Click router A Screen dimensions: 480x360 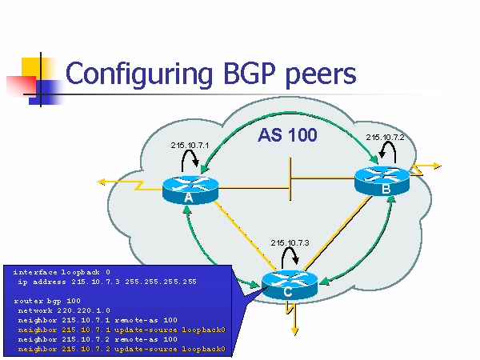click(190, 190)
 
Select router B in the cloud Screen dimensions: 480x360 click(382, 181)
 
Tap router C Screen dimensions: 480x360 click(290, 285)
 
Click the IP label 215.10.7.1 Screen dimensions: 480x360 click(190, 145)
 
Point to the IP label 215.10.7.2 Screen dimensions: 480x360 click(385, 138)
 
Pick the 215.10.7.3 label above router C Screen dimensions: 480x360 click(290, 242)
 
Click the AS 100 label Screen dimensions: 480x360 click(287, 135)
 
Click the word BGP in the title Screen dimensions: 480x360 click(250, 74)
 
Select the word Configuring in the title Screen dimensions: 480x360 click(139, 75)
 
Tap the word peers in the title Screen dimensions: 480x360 click(321, 76)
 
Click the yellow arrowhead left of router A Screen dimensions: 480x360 click(102, 182)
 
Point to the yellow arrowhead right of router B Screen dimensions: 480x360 click(437, 166)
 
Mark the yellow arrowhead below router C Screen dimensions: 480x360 click(294, 331)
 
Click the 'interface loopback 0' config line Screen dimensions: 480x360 click(62, 272)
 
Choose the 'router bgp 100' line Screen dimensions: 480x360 click(47, 301)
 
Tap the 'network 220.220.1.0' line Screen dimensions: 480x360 click(64, 310)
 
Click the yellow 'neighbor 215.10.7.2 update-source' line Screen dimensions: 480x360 click(122, 349)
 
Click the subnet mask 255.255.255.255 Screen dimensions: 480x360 click(161, 282)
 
